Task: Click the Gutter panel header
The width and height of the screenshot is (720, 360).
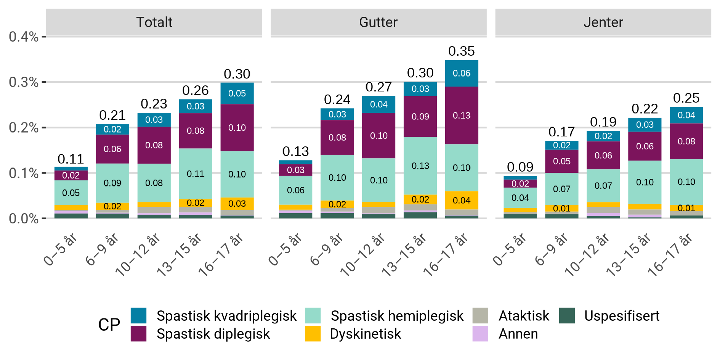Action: click(x=378, y=22)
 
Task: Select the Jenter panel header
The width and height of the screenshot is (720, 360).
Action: click(x=603, y=22)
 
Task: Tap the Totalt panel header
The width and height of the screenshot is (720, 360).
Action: click(x=154, y=22)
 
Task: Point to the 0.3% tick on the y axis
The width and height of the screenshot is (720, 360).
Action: click(x=24, y=82)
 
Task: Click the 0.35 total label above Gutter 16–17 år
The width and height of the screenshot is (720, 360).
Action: click(x=461, y=51)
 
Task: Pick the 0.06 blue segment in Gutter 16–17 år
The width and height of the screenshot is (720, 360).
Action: click(x=461, y=73)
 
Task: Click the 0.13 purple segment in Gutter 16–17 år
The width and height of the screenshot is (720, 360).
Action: click(x=461, y=115)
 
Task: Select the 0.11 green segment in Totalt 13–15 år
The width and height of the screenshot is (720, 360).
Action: click(x=196, y=174)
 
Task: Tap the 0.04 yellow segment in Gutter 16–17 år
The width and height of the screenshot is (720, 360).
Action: click(x=461, y=200)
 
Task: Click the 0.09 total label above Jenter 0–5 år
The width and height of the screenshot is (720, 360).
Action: click(x=520, y=167)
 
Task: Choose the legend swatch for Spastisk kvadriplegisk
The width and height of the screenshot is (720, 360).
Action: click(x=138, y=316)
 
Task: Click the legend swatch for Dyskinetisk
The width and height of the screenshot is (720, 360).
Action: click(x=313, y=334)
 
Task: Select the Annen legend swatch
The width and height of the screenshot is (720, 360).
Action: click(x=480, y=334)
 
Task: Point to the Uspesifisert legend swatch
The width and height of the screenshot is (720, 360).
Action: click(x=567, y=316)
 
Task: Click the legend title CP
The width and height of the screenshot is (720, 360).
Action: click(x=109, y=325)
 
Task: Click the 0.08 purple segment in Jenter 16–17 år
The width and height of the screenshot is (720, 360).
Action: click(x=686, y=141)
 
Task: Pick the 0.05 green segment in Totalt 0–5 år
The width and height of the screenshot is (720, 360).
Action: click(x=71, y=193)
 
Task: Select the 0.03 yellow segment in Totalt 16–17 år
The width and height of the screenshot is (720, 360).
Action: click(x=237, y=203)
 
